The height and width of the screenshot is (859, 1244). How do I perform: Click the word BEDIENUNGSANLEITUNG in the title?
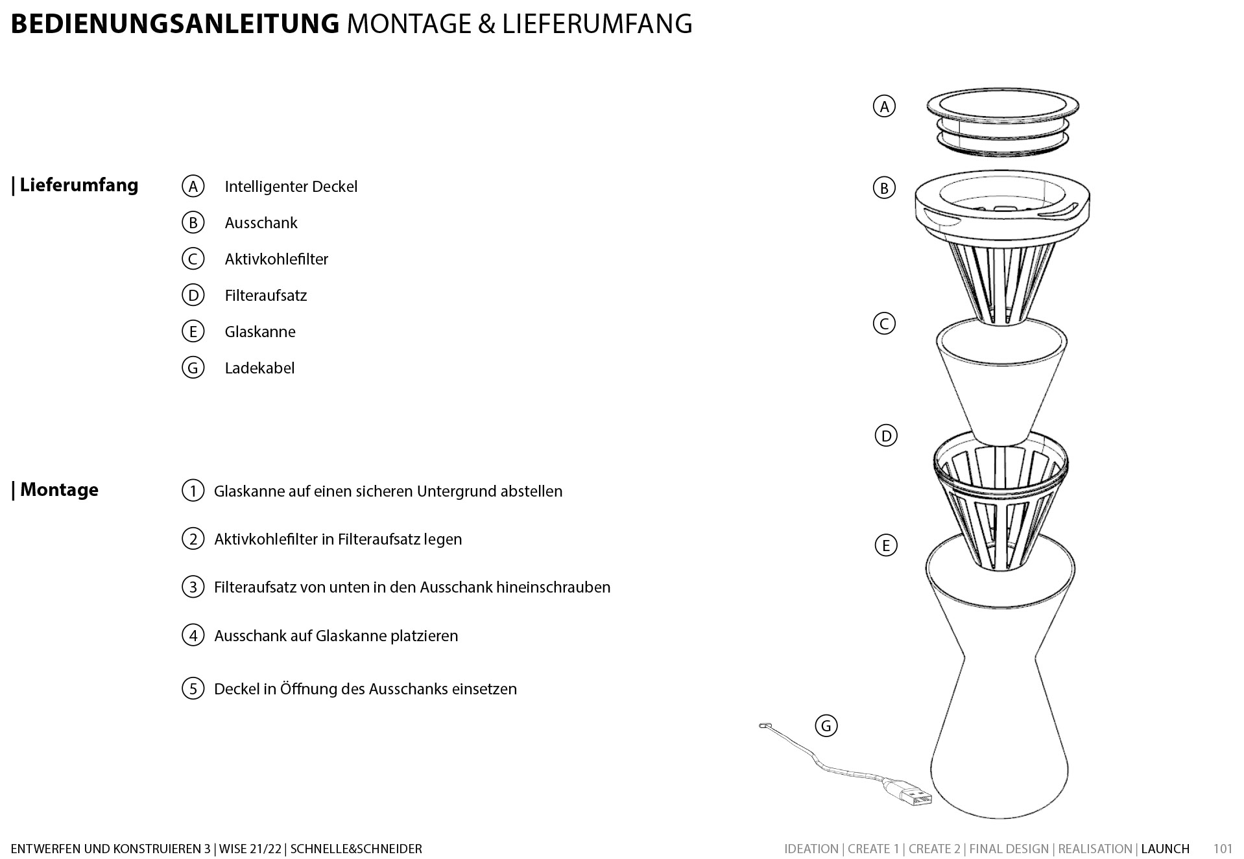click(x=175, y=24)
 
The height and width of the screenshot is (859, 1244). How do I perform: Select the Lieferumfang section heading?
click(x=78, y=185)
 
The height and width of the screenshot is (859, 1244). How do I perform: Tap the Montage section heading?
click(x=59, y=489)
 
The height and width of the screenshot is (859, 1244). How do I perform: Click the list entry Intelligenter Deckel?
click(x=291, y=187)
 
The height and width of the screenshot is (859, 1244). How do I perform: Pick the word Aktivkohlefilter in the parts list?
click(x=276, y=259)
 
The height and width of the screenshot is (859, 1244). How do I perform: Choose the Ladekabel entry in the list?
click(x=259, y=368)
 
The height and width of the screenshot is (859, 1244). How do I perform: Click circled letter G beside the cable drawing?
click(x=826, y=725)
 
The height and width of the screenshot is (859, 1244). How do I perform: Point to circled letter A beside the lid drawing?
click(x=884, y=106)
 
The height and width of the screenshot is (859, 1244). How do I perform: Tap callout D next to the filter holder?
click(x=886, y=436)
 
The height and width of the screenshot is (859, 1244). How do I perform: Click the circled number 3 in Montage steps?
click(x=193, y=587)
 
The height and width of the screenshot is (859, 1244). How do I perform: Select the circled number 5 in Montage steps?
click(x=193, y=688)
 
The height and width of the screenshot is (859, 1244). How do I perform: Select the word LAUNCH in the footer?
click(x=1165, y=849)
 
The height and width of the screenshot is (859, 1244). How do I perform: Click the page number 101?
click(x=1223, y=849)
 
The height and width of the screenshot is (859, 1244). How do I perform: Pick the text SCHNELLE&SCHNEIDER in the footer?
click(x=356, y=849)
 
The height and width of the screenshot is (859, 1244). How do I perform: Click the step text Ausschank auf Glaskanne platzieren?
click(x=336, y=636)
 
